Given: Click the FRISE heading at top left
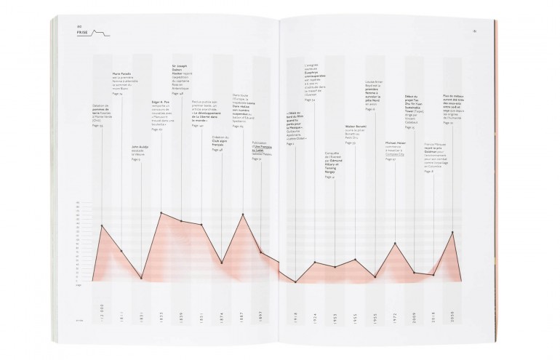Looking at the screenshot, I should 83,33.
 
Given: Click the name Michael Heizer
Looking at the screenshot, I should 395,143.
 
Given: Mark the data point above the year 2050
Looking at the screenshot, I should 452,232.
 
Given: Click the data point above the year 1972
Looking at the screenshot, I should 395,243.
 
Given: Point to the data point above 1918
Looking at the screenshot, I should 295,281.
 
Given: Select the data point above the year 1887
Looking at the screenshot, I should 242,215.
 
